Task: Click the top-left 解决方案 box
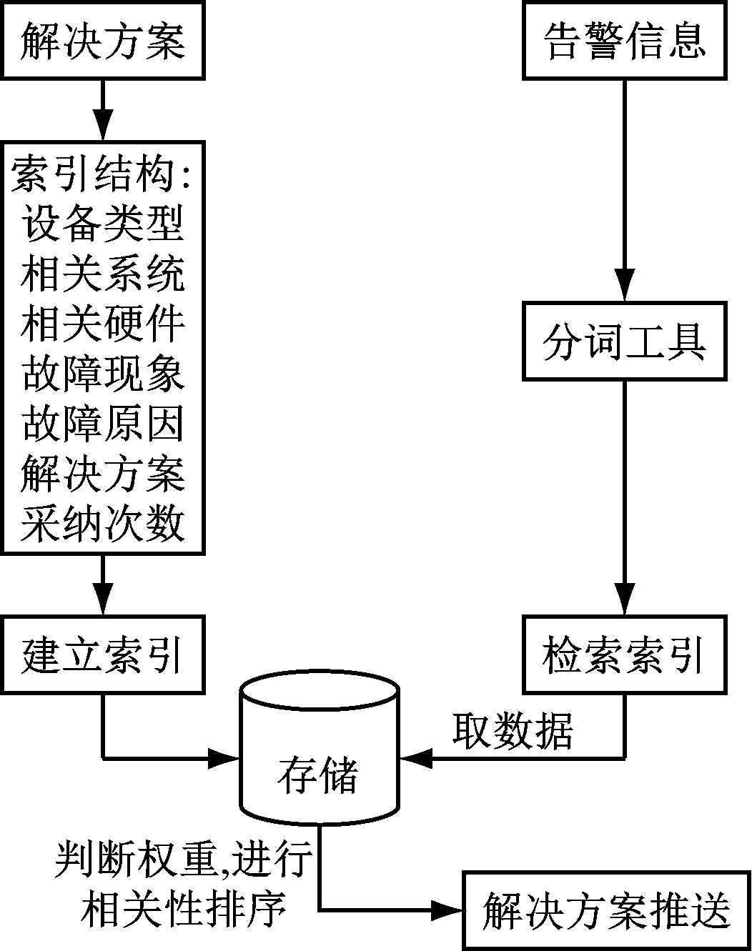coord(103,41)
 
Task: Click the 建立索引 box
coord(103,654)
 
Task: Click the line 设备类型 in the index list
coord(103,224)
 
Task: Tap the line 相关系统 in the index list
coord(103,274)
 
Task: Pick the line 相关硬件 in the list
coord(103,324)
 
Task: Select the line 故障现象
coord(103,374)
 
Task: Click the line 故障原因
coord(103,424)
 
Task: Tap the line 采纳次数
coord(103,524)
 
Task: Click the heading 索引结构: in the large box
coord(103,174)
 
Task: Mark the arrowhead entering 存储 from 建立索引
coord(223,758)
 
